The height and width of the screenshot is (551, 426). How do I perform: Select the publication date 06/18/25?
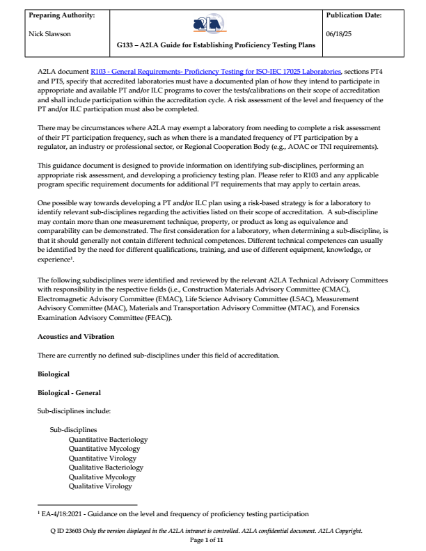340,33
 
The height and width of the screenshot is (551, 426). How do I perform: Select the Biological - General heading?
70,392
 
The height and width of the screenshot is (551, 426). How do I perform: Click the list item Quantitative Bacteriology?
108,439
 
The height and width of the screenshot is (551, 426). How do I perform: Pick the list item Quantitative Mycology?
103,449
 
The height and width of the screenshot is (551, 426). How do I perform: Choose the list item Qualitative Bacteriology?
106,468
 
